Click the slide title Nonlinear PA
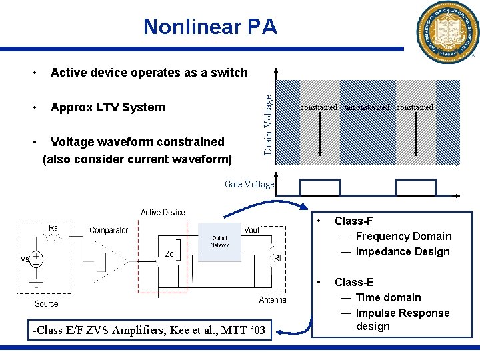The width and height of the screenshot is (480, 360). (209, 27)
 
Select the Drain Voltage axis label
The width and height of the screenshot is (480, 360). (268, 124)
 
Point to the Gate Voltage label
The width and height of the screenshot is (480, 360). (249, 184)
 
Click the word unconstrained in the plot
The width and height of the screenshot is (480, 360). (367, 107)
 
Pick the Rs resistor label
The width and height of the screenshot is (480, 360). (53, 228)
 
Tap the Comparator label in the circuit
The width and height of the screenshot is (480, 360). (109, 230)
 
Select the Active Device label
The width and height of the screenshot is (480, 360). (163, 213)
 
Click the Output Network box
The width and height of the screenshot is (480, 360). (219, 241)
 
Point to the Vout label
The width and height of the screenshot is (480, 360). (252, 230)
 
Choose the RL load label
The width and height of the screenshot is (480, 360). (279, 257)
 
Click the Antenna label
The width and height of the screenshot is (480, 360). (273, 300)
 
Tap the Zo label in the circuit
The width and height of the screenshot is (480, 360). (169, 254)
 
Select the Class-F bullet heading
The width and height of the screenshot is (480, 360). (353, 221)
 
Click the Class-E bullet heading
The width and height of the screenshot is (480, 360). (354, 282)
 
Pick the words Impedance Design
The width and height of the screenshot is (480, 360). (403, 251)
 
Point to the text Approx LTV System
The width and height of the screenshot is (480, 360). (107, 107)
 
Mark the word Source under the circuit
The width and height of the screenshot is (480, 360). (47, 303)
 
